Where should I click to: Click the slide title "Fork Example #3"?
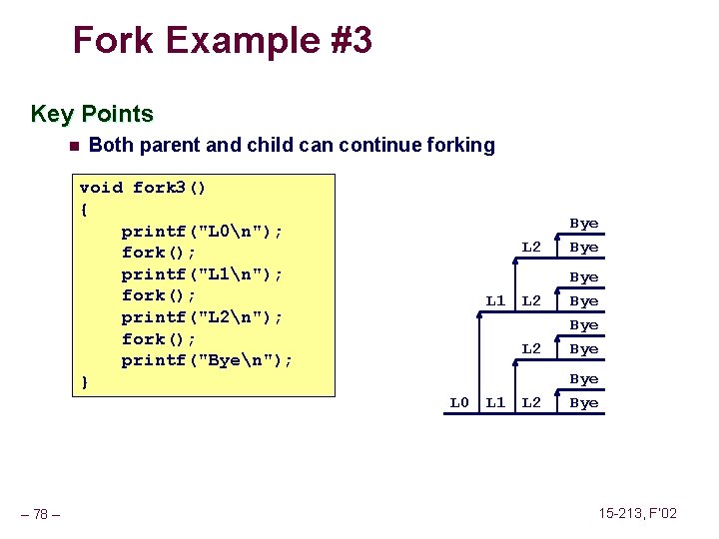[223, 41]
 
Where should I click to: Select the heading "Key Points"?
[92, 114]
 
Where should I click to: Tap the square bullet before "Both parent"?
[73, 146]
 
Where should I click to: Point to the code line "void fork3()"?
[143, 188]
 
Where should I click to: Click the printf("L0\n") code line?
[202, 232]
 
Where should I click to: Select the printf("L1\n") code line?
[202, 274]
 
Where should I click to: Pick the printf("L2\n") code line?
[202, 317]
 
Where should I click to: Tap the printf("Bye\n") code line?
[207, 360]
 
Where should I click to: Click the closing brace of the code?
[84, 382]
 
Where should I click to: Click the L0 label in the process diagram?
[458, 403]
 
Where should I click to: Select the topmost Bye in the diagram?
[583, 224]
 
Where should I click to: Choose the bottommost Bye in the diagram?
[583, 403]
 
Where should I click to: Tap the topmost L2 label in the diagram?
[531, 247]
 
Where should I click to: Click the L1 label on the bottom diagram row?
[495, 403]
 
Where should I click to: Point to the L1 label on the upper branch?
[495, 300]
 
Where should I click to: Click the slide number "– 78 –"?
[40, 514]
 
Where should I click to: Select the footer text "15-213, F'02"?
[638, 513]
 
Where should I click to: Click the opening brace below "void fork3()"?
[84, 210]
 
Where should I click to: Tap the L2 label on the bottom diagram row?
[531, 403]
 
